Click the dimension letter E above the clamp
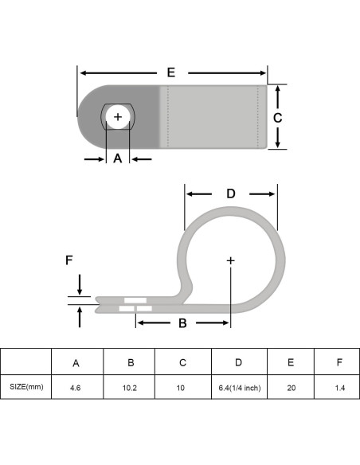click(170, 72)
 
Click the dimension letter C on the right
click(277, 117)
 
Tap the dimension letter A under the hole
click(118, 158)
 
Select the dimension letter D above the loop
click(231, 193)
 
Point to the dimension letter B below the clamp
click(182, 323)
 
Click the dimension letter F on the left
click(68, 260)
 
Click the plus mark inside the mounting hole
click(119, 117)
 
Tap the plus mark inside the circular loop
click(231, 260)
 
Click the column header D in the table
click(238, 362)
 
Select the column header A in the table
click(76, 362)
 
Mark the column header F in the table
click(339, 362)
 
